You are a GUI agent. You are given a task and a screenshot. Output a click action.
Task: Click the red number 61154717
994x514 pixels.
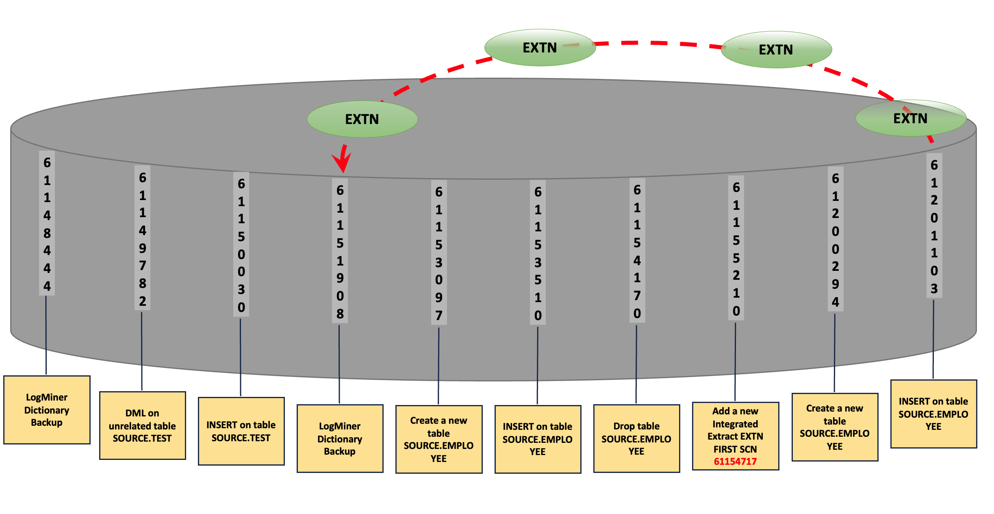click(735, 462)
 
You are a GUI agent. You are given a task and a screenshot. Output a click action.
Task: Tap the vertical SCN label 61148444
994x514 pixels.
click(47, 224)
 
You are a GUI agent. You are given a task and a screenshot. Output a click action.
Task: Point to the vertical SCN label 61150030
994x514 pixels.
click(241, 245)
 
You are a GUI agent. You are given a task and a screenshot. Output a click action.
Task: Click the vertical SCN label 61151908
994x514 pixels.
click(340, 251)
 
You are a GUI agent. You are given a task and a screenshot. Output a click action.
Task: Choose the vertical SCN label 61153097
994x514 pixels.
click(439, 253)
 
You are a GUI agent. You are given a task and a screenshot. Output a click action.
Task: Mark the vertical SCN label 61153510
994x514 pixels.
click(538, 253)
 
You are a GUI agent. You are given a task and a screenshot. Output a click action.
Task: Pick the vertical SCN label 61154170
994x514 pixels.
click(637, 251)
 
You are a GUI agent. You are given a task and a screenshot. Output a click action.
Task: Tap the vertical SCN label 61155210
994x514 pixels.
click(736, 248)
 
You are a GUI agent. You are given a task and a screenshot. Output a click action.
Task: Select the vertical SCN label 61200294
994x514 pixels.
click(835, 240)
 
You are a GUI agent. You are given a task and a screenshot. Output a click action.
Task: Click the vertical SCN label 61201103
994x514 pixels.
click(934, 226)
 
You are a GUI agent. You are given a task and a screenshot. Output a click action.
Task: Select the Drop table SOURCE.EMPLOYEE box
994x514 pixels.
click(636, 438)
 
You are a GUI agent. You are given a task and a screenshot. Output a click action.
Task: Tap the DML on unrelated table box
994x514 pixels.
click(142, 425)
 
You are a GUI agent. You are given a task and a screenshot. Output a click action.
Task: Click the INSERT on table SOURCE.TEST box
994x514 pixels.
click(241, 431)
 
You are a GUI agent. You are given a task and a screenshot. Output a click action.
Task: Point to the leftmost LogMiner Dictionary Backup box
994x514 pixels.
click(47, 409)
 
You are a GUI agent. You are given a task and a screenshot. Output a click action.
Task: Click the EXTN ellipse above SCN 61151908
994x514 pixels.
click(362, 119)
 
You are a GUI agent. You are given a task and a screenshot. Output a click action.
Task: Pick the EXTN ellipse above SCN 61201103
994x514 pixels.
click(910, 118)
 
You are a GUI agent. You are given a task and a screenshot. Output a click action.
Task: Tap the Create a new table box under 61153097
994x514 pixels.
click(438, 439)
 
